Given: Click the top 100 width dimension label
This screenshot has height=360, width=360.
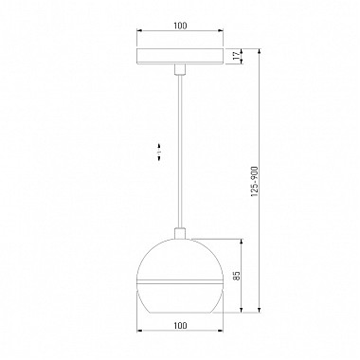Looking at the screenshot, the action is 180,26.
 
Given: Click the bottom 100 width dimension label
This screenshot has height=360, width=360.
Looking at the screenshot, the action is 180,325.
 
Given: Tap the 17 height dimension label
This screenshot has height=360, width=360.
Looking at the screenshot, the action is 236,56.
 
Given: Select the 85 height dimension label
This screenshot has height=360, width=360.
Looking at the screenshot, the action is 237,276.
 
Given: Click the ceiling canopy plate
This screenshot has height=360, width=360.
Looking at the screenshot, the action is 180,57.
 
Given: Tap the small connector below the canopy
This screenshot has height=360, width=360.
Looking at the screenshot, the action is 180,70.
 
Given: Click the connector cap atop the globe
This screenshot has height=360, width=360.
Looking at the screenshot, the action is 180,232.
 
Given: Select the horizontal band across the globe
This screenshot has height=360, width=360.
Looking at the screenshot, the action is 180,281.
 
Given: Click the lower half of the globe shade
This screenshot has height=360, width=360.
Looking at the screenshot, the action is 180,298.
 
